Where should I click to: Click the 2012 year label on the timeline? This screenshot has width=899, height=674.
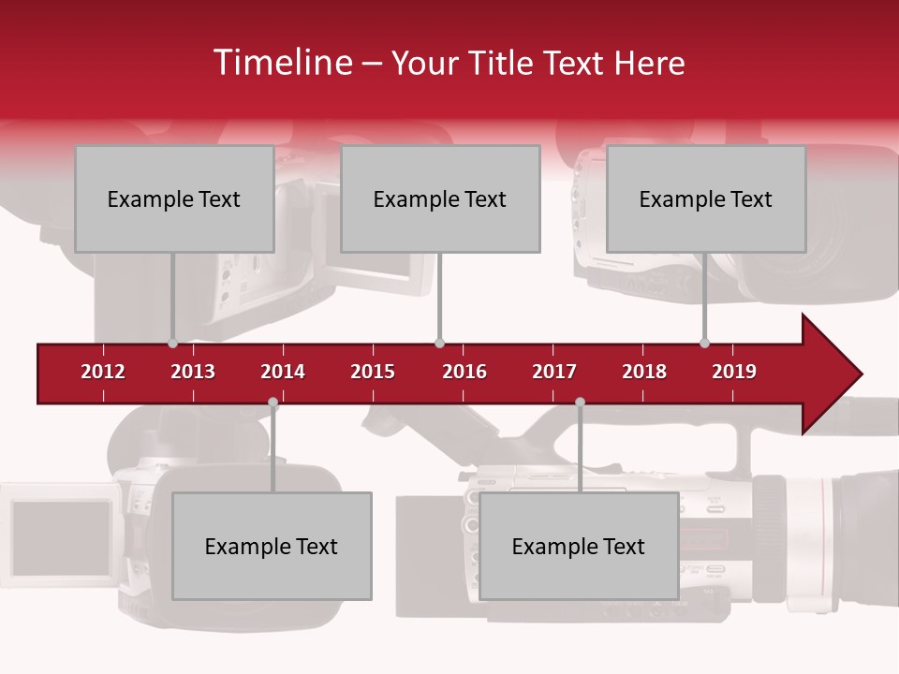[x=103, y=372]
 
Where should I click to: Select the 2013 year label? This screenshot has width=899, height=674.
[x=193, y=372]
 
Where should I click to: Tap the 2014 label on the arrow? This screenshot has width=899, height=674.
[x=283, y=372]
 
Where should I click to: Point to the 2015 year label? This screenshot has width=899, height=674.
[x=373, y=372]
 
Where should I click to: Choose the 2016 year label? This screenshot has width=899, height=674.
[x=464, y=372]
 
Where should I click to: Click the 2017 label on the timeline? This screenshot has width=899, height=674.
[x=554, y=372]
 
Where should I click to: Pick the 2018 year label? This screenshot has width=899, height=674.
[x=644, y=372]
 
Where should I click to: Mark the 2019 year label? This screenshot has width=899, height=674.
[x=734, y=372]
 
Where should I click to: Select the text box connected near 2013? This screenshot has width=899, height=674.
[x=174, y=198]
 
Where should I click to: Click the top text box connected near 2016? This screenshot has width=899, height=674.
[x=440, y=198]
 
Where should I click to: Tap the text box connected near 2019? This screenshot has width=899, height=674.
[x=706, y=198]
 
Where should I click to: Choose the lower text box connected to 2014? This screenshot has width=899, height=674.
[x=272, y=546]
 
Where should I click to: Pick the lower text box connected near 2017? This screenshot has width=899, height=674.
[x=579, y=546]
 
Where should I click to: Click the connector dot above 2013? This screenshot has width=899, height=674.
[x=172, y=344]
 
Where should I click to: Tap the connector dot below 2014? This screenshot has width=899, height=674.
[x=273, y=403]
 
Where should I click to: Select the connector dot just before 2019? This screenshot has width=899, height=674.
[x=704, y=344]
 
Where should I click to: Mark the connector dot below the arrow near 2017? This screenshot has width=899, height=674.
[x=580, y=403]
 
